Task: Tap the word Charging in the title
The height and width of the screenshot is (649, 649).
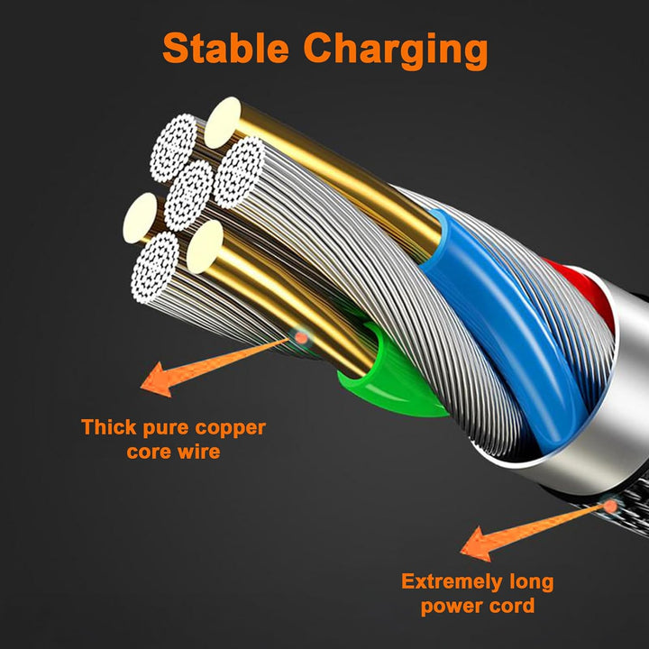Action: tap(396, 50)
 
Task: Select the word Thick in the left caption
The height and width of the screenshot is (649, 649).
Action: tap(108, 426)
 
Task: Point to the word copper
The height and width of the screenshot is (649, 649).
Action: tap(230, 429)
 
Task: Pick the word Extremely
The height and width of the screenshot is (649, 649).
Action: tap(452, 582)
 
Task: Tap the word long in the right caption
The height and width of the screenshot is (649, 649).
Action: tap(532, 582)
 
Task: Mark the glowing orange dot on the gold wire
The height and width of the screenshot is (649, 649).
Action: tap(301, 338)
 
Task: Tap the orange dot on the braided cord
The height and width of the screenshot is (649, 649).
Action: tap(609, 506)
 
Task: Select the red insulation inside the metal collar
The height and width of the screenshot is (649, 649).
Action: tap(588, 289)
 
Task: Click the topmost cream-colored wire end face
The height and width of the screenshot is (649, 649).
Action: tap(223, 123)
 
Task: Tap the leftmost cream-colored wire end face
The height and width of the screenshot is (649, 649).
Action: tap(140, 218)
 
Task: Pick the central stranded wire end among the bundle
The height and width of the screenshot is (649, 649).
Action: tap(188, 196)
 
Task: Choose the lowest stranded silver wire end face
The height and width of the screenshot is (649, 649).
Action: tap(155, 268)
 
